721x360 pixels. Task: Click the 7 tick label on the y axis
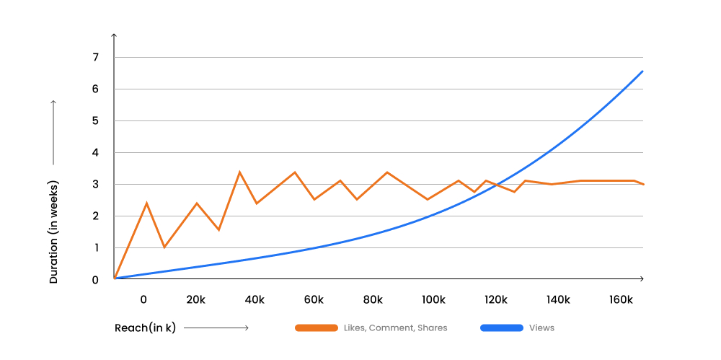tap(95, 58)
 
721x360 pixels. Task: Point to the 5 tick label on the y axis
tap(95, 121)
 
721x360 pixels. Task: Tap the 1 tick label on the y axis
tap(95, 248)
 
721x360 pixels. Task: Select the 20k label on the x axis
tap(195, 300)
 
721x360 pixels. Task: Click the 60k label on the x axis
tap(313, 300)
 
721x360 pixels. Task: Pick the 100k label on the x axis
tap(433, 300)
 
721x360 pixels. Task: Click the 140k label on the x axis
tap(558, 300)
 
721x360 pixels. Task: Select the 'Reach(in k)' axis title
tap(145, 328)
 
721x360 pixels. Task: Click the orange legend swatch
tap(317, 328)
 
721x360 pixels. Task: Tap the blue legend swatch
tap(501, 328)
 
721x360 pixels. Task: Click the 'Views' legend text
tap(541, 328)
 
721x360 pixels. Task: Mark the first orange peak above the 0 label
tap(146, 203)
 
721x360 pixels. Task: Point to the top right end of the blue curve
tap(641, 71)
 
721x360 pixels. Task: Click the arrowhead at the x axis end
tap(641, 278)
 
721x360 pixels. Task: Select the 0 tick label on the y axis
tap(95, 280)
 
